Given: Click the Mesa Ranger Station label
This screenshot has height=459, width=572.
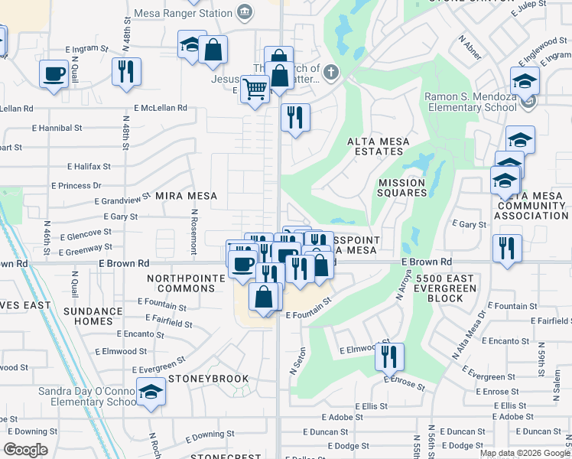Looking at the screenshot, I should point(182,13).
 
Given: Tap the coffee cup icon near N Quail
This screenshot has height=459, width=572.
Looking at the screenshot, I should point(53,75).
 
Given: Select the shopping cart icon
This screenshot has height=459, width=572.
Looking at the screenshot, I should point(255,89).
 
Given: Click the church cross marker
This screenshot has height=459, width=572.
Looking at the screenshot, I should point(330,73).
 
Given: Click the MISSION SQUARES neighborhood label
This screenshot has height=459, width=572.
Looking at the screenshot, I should point(401,187).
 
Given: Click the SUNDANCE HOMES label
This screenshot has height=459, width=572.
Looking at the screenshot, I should point(88,316).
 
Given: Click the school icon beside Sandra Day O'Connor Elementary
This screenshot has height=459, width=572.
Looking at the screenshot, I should point(151,392).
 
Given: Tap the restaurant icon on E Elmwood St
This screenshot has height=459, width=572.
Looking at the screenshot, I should point(390,356).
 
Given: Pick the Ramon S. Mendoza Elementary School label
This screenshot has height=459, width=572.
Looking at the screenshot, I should point(471,102).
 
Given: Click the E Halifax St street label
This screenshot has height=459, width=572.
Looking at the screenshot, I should point(89,166).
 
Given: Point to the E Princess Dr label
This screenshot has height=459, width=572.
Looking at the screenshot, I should point(76,186).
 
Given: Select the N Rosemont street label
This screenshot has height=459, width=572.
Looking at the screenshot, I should point(195,227).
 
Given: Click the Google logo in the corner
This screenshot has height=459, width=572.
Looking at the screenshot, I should point(26,450).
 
